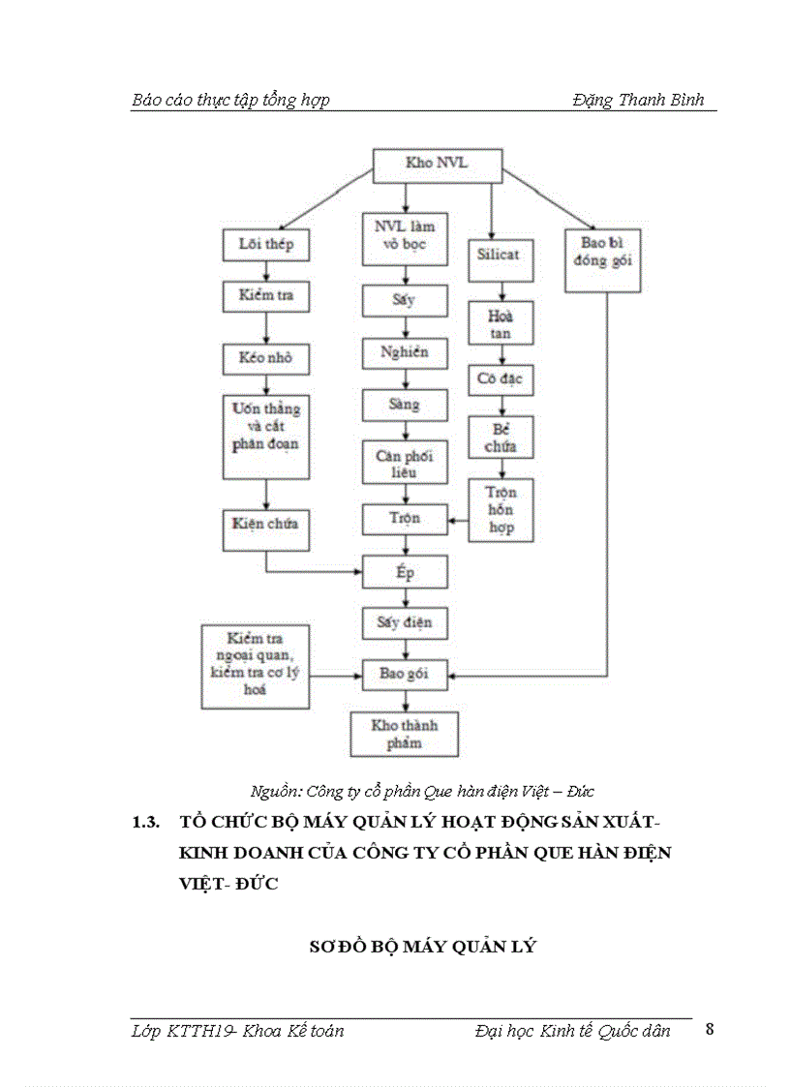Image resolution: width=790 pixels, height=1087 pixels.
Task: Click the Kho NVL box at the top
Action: pyautogui.click(x=437, y=164)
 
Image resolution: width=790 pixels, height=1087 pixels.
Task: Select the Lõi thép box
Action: pyautogui.click(x=265, y=245)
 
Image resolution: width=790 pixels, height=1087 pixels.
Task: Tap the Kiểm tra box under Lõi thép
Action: pyautogui.click(x=265, y=296)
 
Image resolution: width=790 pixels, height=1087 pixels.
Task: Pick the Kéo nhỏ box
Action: pyautogui.click(x=265, y=358)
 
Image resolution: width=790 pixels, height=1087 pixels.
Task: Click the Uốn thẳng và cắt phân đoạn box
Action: pyautogui.click(x=265, y=435)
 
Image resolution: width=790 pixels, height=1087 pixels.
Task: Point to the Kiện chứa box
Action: pyautogui.click(x=265, y=524)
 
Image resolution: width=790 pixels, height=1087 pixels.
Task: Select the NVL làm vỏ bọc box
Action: pyautogui.click(x=405, y=238)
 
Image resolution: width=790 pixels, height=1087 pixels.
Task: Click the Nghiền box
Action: pyautogui.click(x=405, y=352)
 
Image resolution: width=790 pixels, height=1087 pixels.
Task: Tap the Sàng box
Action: pyautogui.click(x=405, y=405)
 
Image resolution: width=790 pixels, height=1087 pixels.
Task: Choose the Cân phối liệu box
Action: pyautogui.click(x=405, y=463)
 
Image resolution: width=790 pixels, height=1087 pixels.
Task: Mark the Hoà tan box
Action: pyautogui.click(x=501, y=323)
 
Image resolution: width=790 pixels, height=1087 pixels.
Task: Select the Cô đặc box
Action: pyautogui.click(x=501, y=378)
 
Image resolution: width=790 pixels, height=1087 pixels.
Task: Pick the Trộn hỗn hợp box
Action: pyautogui.click(x=501, y=510)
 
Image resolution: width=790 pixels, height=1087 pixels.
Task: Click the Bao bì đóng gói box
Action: pyautogui.click(x=607, y=253)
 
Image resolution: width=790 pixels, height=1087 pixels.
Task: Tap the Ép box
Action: pyautogui.click(x=405, y=573)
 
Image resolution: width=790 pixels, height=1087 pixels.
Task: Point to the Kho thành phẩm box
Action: pyautogui.click(x=405, y=734)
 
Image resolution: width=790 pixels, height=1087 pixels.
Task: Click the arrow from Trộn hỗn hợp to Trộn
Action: pyautogui.click(x=458, y=521)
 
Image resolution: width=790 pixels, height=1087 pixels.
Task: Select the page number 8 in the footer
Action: pyautogui.click(x=710, y=1028)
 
